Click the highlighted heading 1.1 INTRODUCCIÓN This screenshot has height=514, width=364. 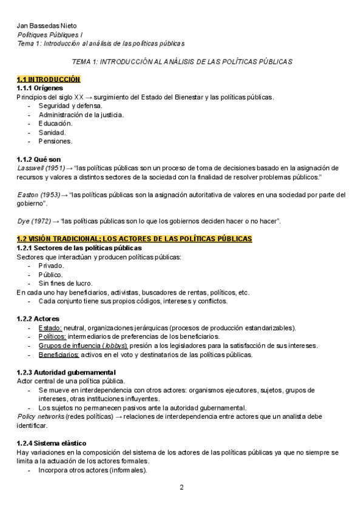(49, 79)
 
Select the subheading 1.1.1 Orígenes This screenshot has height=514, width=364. (39, 88)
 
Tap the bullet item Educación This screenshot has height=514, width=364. (55, 123)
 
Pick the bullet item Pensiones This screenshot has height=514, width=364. (55, 141)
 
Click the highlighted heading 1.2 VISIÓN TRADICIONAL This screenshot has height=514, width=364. (134, 239)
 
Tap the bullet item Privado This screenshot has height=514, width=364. (52, 265)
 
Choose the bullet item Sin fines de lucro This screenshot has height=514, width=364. (66, 283)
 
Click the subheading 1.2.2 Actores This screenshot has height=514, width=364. (38, 319)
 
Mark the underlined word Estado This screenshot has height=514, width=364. (50, 328)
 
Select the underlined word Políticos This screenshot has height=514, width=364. (52, 336)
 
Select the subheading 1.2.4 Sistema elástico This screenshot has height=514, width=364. (52, 443)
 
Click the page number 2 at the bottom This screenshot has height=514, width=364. (181, 487)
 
